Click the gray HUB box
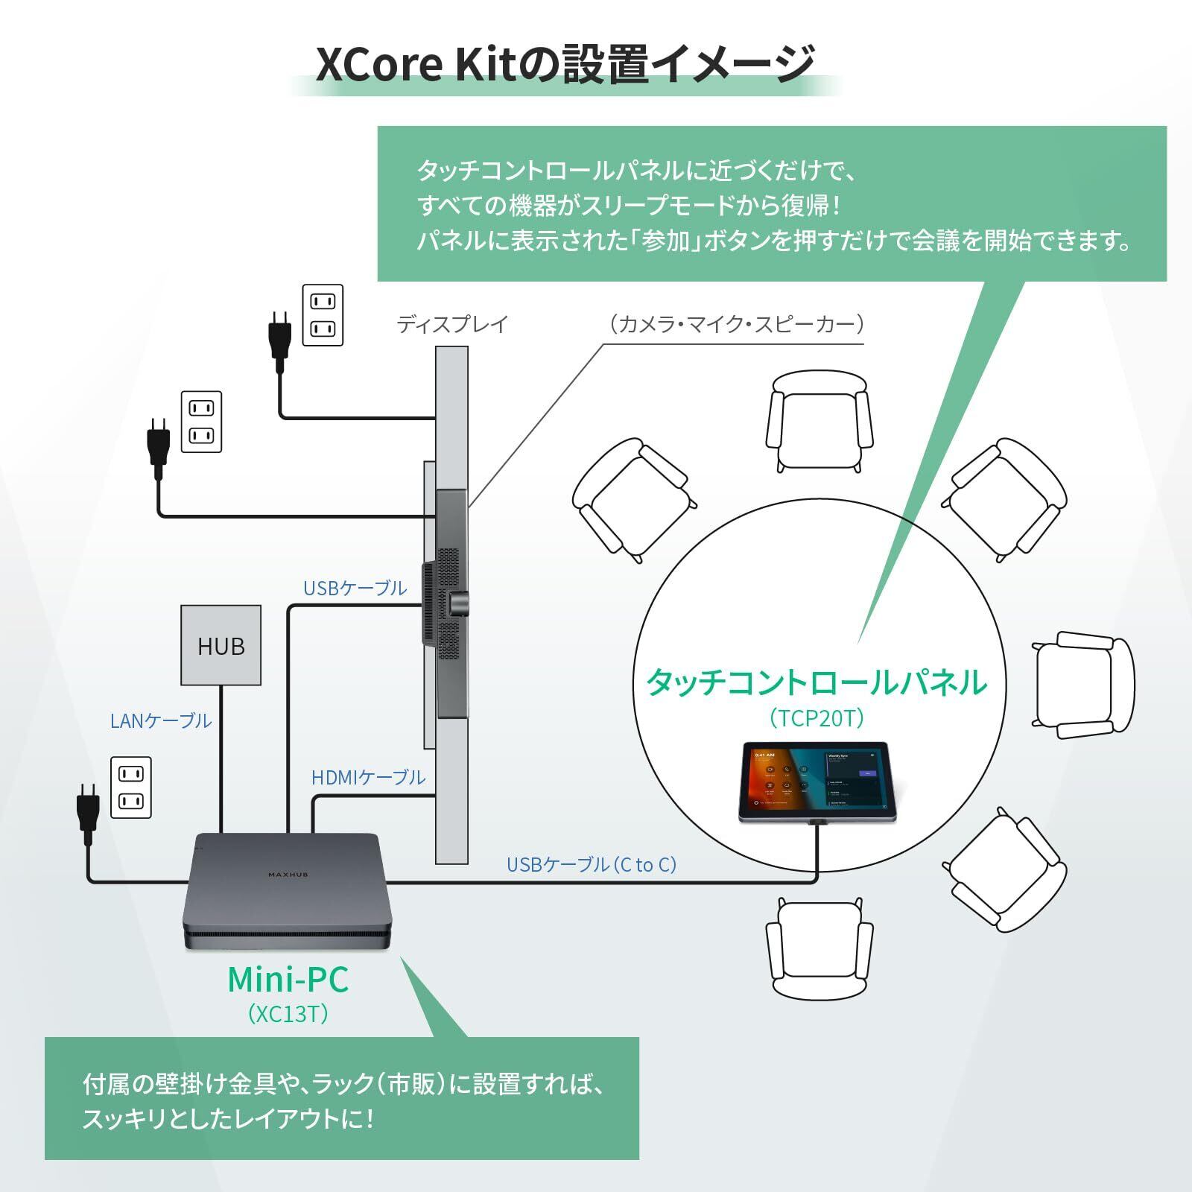(221, 645)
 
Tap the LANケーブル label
(161, 720)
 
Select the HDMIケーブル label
(368, 777)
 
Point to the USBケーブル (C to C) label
(592, 864)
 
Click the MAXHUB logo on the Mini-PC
(288, 875)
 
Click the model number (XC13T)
(288, 1014)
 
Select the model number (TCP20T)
(817, 717)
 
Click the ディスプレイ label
(452, 324)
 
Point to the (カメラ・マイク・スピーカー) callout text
(736, 324)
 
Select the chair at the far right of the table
(1084, 684)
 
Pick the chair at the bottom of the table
(819, 946)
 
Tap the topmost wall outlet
(323, 314)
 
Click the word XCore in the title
(379, 65)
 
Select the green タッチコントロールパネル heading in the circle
(817, 682)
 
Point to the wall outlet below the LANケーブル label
(131, 787)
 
